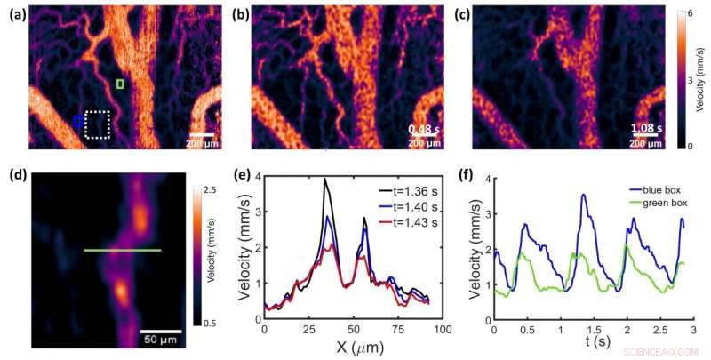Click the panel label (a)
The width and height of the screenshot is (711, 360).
(x=15, y=15)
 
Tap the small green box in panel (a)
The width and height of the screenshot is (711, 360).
(x=121, y=84)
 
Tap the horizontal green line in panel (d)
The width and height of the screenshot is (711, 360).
(x=123, y=251)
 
